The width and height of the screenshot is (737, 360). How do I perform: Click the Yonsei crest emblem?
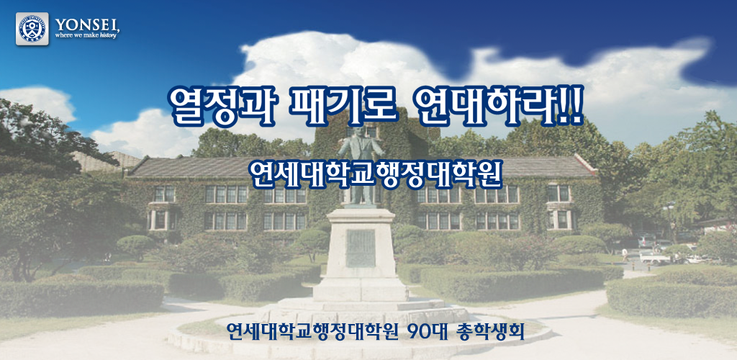(x=32, y=29)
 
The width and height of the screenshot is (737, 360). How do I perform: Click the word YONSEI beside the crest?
(x=87, y=24)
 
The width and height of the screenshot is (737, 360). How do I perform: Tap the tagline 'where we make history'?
(x=86, y=35)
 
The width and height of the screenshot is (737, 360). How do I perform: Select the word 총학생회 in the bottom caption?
(x=490, y=332)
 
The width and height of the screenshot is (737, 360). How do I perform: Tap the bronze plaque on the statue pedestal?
(x=361, y=248)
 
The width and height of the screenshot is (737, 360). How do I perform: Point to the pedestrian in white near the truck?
(x=625, y=255)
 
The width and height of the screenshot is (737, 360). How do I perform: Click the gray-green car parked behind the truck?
(x=647, y=240)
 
